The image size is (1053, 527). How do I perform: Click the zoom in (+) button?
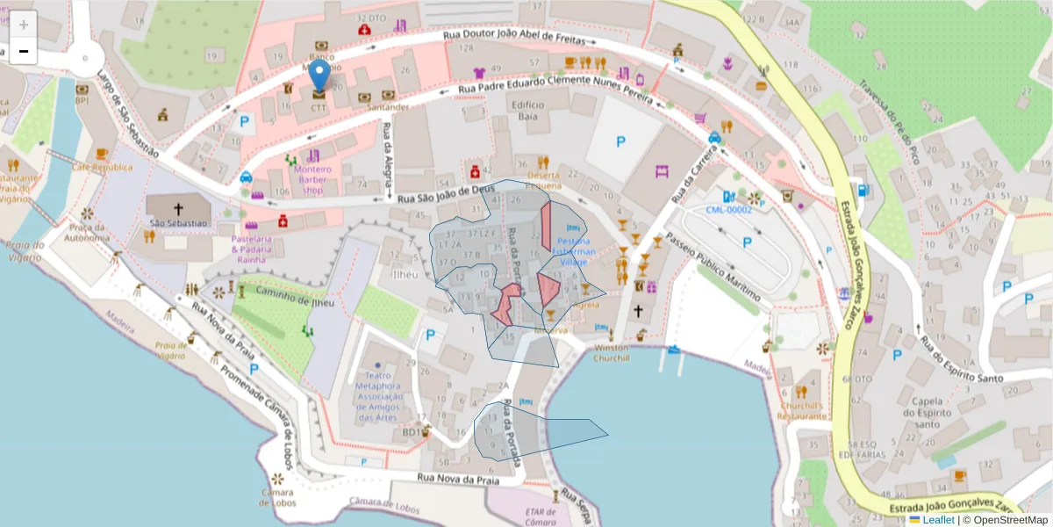tap(24, 25)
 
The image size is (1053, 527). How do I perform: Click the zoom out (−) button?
tap(24, 51)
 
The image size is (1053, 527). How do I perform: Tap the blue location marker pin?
tap(320, 77)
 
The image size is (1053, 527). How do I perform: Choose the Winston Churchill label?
tap(612, 352)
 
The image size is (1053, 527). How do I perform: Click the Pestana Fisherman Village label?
tap(573, 251)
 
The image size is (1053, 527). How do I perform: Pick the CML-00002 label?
tap(728, 210)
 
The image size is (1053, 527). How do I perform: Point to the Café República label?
tap(102, 167)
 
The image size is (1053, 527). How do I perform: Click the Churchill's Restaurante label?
tap(800, 411)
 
